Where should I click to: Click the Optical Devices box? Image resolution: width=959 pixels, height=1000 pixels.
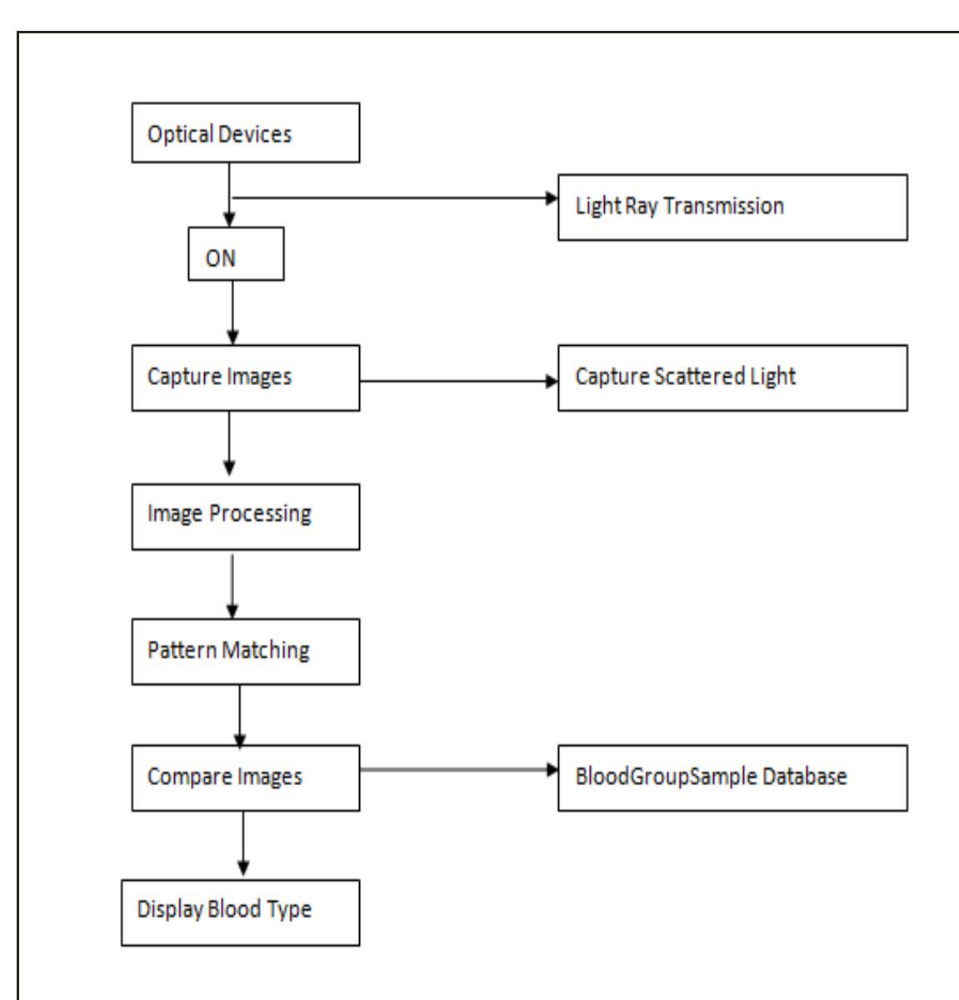coord(245,132)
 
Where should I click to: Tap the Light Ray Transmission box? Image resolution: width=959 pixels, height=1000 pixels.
coord(732,207)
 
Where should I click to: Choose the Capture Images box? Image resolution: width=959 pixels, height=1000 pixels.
coord(245,377)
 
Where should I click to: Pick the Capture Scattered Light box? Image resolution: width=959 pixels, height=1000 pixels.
coord(732,377)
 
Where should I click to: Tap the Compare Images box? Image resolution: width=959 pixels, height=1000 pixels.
coord(245,777)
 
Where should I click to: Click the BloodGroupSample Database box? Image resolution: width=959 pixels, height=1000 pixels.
coord(732,777)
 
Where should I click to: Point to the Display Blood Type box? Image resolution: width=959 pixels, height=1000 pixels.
coord(240,911)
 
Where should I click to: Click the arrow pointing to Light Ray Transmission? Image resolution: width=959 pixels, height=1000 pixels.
coord(392,198)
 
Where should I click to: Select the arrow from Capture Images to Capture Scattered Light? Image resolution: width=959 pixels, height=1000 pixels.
coord(458,382)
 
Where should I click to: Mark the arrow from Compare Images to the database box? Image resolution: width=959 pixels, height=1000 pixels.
coord(458,769)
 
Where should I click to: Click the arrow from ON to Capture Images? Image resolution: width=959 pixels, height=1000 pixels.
coord(232,312)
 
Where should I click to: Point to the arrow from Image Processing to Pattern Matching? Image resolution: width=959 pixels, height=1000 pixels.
coord(232,583)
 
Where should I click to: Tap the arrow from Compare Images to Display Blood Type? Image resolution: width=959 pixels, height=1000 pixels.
coord(243,843)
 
